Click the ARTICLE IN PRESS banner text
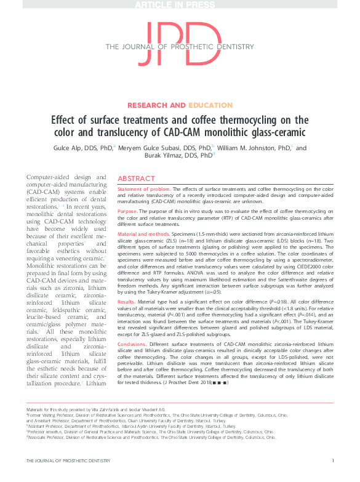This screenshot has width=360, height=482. point(180,6)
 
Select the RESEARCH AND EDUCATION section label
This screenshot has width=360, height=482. point(180,105)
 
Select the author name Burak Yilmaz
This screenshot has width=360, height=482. point(174,157)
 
